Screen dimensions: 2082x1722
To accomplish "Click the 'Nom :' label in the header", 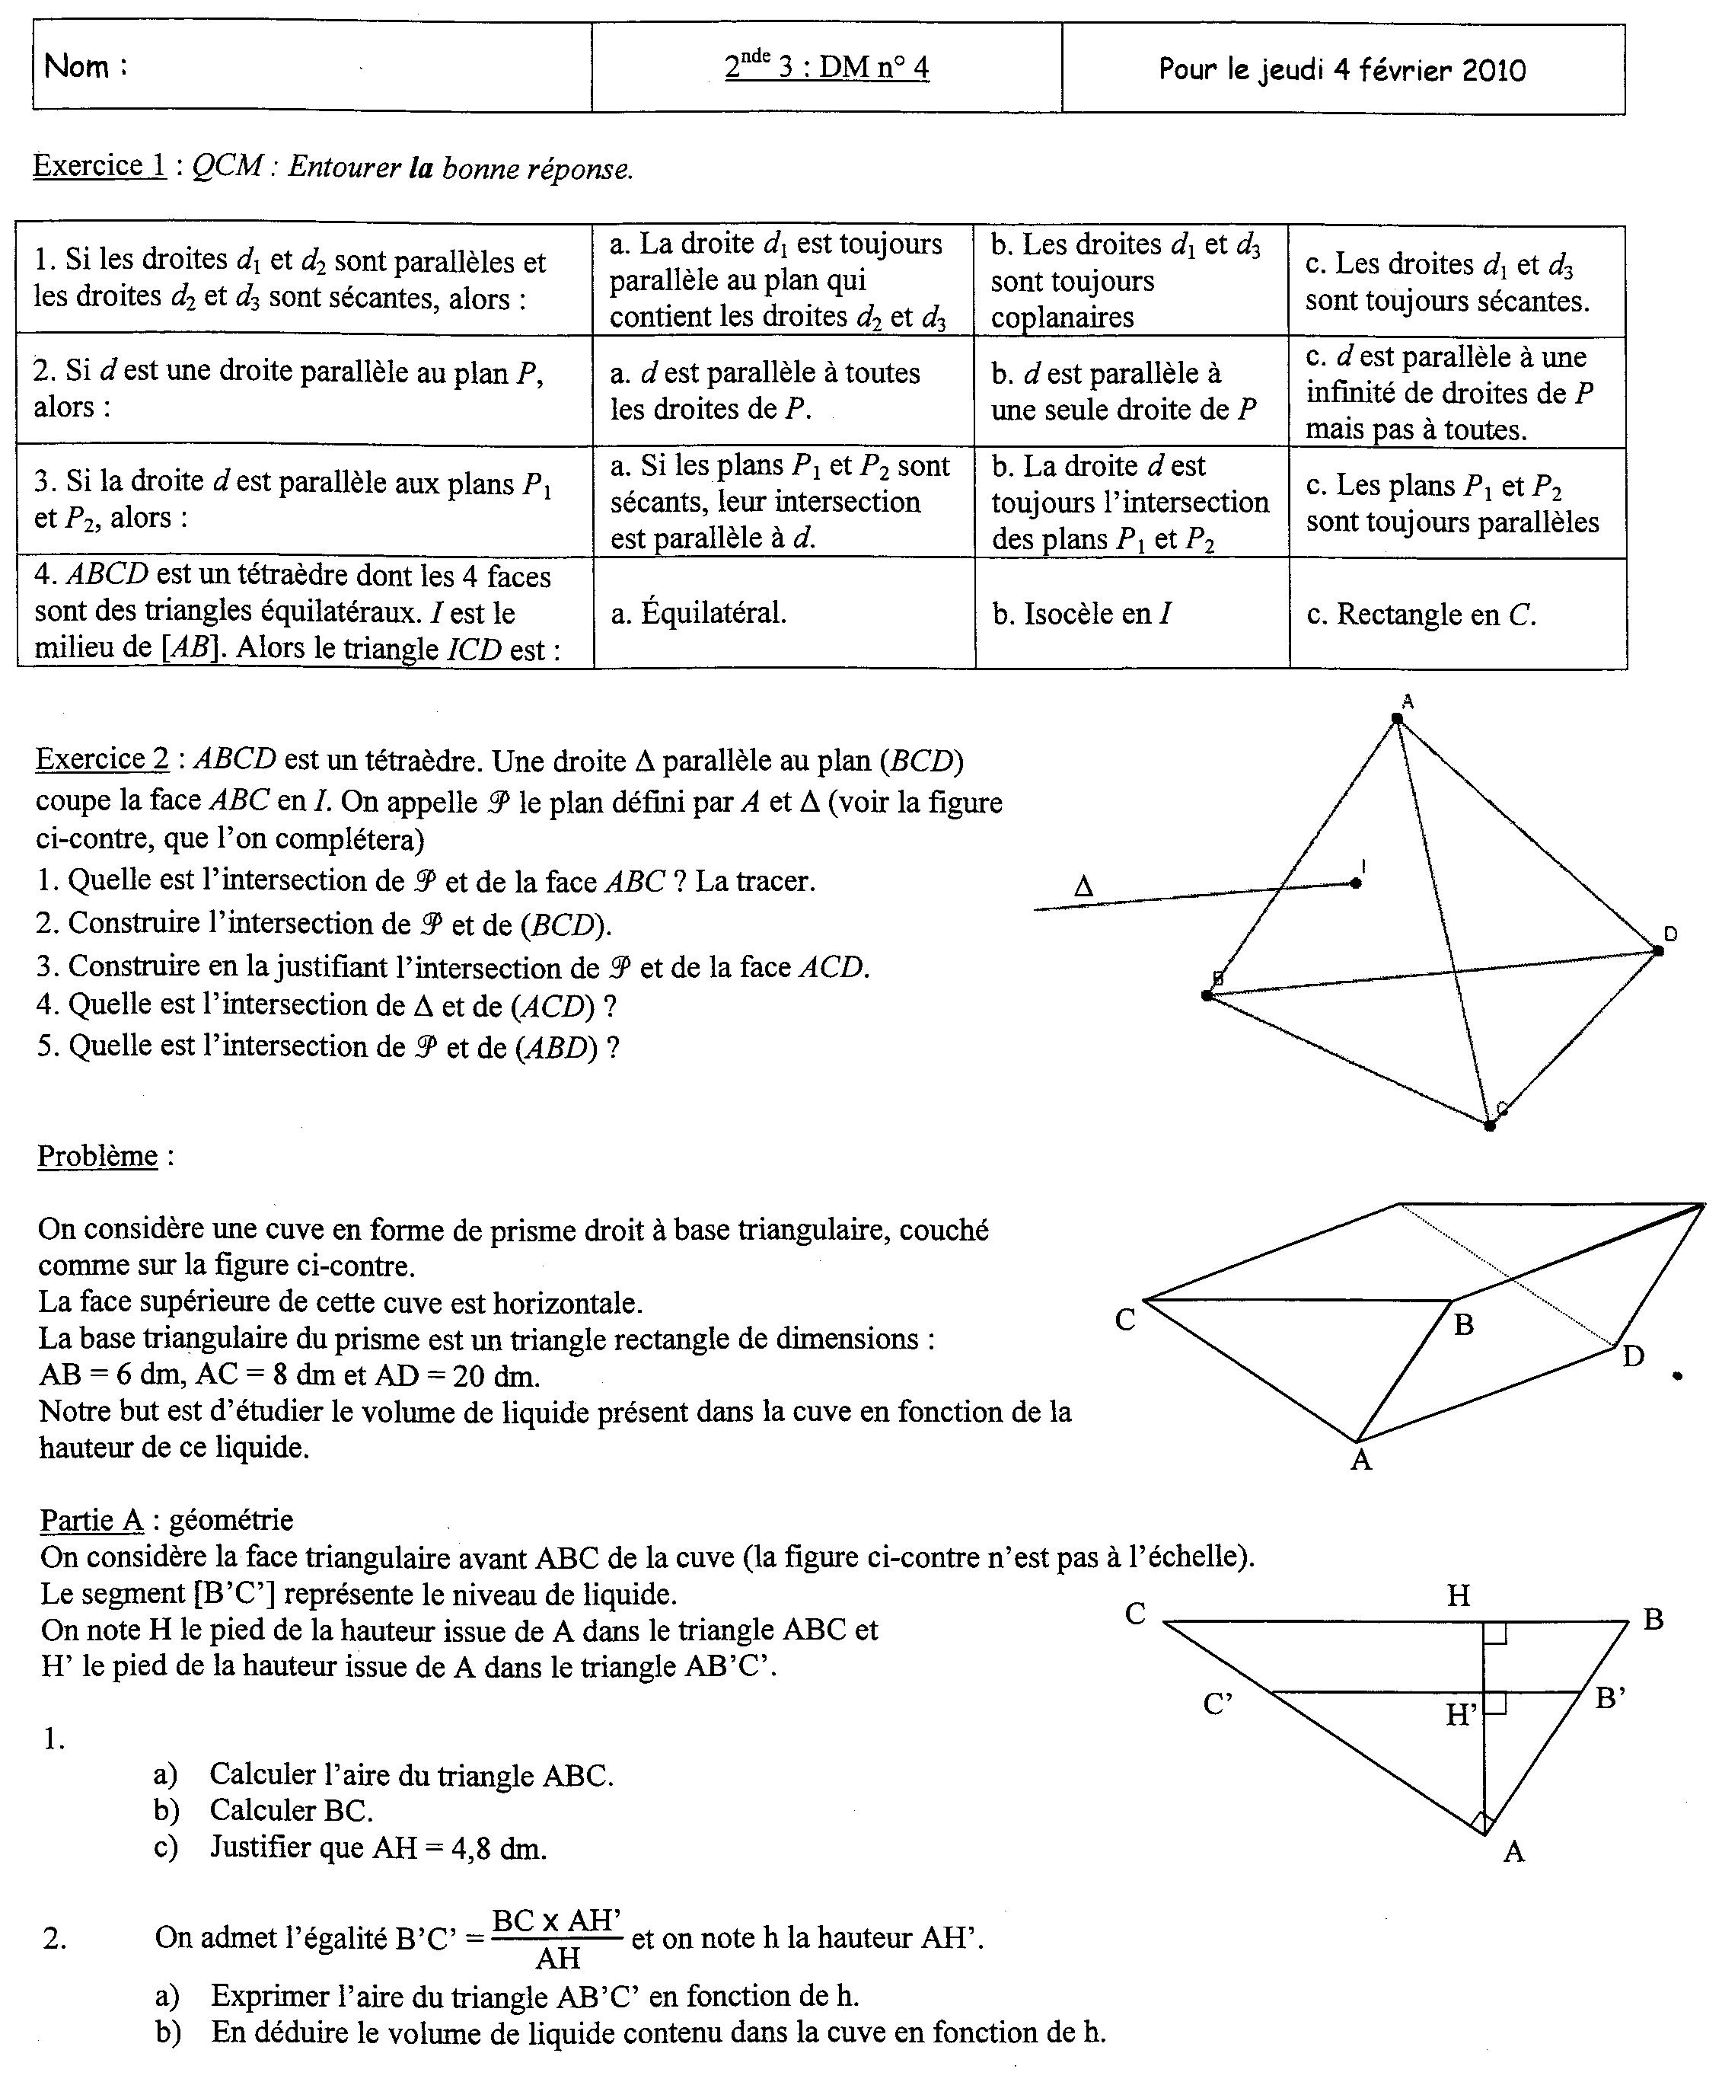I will pos(85,66).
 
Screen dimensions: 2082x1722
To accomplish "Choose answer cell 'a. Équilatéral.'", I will pos(699,614).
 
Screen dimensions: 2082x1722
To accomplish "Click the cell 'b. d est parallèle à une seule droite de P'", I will pos(1123,391).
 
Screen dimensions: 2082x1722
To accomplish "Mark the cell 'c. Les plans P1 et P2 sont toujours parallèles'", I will pos(1453,503).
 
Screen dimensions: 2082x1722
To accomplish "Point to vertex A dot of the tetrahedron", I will pos(1398,718).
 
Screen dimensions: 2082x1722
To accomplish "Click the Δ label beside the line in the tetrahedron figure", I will pos(1083,886).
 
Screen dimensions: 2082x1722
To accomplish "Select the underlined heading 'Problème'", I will pos(97,1156).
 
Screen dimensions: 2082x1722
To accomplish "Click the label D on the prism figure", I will pos(1633,1356).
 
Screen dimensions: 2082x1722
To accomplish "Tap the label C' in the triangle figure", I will pos(1217,1704).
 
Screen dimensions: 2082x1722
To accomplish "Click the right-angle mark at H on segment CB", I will pos(1495,1633).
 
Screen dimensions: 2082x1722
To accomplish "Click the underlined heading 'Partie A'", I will pos(92,1520).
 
